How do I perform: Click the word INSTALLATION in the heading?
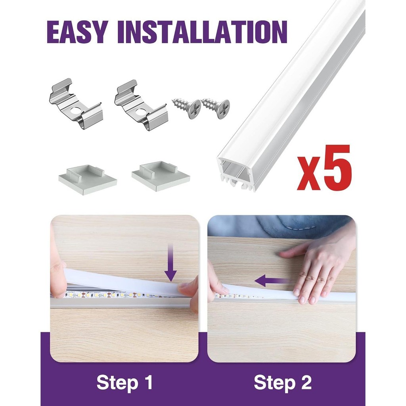(202, 32)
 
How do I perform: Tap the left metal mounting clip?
(76, 104)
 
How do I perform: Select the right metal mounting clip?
(141, 105)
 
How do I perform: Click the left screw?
(187, 108)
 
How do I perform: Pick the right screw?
(215, 108)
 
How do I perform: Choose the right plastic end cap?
(161, 176)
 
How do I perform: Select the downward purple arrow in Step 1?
(170, 262)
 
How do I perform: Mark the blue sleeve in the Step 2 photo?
(280, 226)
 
